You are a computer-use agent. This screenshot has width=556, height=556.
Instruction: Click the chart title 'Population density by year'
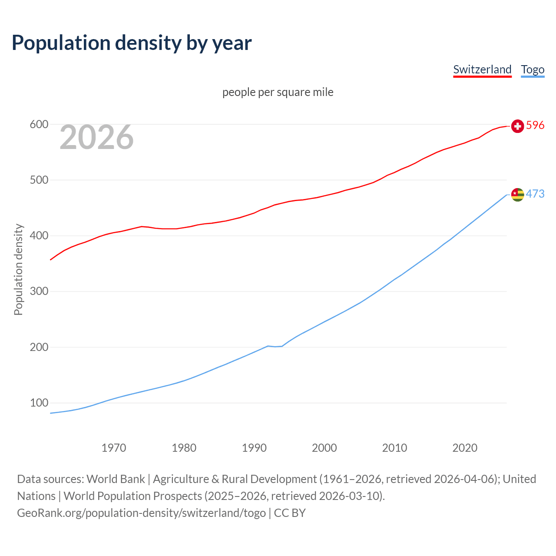pyautogui.click(x=132, y=43)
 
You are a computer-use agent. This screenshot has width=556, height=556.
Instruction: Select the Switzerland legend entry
pyautogui.click(x=482, y=69)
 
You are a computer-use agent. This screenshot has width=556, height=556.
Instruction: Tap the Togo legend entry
pyautogui.click(x=533, y=69)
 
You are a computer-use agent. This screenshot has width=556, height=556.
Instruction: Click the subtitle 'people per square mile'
pyautogui.click(x=278, y=92)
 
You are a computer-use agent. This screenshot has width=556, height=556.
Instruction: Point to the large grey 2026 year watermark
pyautogui.click(x=96, y=137)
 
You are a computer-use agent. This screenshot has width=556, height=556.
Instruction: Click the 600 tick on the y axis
pyautogui.click(x=39, y=125)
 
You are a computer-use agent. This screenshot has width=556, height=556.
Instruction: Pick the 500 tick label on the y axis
pyautogui.click(x=39, y=180)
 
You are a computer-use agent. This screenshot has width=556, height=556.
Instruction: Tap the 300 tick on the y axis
pyautogui.click(x=39, y=291)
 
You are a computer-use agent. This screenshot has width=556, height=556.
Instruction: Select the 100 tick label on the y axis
pyautogui.click(x=39, y=403)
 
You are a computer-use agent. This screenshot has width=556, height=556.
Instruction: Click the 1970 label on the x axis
pyautogui.click(x=114, y=448)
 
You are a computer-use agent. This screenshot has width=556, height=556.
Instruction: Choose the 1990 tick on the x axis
pyautogui.click(x=254, y=448)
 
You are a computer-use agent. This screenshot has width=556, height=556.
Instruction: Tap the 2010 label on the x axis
pyautogui.click(x=394, y=448)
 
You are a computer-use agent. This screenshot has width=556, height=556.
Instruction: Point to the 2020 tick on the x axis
pyautogui.click(x=465, y=448)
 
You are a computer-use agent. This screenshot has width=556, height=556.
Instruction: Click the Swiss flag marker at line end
pyautogui.click(x=517, y=126)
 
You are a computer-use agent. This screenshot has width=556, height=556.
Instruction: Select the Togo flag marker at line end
pyautogui.click(x=517, y=195)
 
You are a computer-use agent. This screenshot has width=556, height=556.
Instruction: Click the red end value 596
pyautogui.click(x=535, y=126)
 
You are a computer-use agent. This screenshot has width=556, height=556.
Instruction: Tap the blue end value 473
pyautogui.click(x=535, y=194)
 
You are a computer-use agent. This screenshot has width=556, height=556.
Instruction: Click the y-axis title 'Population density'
pyautogui.click(x=18, y=269)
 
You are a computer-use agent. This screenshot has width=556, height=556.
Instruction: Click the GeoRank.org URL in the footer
pyautogui.click(x=141, y=513)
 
